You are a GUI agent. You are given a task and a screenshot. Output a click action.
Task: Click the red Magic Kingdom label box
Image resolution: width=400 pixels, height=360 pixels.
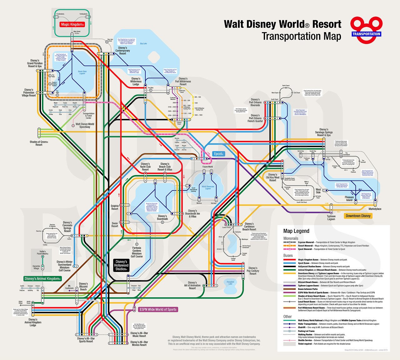click(72, 24)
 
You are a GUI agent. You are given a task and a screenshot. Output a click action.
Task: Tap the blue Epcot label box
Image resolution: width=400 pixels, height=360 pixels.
click(219, 154)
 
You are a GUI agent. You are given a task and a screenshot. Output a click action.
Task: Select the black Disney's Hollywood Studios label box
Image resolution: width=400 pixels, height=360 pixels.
click(121, 265)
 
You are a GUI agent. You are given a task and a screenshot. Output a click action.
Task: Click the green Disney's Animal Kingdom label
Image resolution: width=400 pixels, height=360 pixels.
click(42, 279)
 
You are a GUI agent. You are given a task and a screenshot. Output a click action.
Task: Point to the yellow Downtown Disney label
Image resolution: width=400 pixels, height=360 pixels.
click(358, 216)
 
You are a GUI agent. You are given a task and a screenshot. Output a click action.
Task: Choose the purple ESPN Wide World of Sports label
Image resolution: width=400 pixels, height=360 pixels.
click(158, 309)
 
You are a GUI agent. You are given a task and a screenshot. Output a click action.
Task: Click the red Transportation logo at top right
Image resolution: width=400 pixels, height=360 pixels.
click(366, 30)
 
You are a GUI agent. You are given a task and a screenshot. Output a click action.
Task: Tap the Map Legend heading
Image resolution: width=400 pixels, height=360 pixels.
click(296, 231)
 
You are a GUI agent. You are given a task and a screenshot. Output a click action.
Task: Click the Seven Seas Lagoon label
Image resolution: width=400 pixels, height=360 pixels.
click(82, 72)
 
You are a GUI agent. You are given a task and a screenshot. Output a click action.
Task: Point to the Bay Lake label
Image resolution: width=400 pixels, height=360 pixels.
click(143, 44)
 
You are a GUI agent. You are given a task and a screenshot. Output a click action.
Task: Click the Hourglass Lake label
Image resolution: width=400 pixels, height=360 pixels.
click(230, 283)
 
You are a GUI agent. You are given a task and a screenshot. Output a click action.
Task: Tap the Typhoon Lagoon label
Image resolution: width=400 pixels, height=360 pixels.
click(331, 218)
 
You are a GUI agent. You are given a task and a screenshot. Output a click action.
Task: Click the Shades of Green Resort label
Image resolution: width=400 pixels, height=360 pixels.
click(39, 143)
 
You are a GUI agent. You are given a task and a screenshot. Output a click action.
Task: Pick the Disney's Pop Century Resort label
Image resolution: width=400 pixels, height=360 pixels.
click(253, 271)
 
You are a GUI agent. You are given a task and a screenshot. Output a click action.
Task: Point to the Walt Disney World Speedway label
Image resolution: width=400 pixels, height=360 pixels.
click(85, 126)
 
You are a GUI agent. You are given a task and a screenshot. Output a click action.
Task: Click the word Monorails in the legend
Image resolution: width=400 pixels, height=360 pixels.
click(291, 238)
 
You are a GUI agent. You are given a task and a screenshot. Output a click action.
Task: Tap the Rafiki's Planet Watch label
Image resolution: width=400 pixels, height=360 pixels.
click(43, 253)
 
